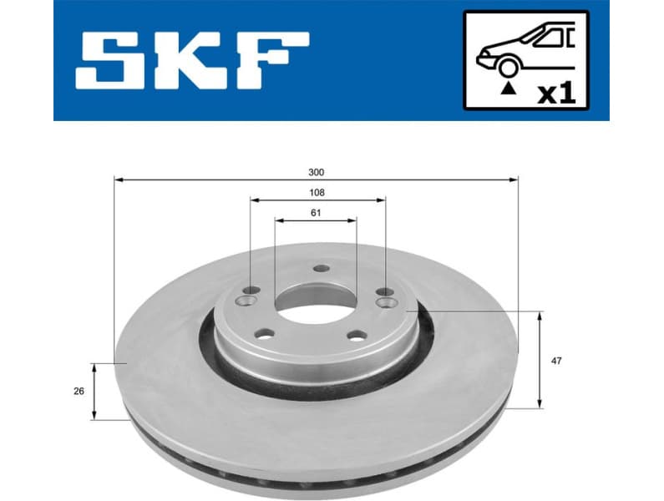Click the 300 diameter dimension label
(316, 172)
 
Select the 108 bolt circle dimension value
(316, 193)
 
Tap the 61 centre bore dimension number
(316, 214)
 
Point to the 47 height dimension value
(557, 361)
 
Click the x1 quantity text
(556, 93)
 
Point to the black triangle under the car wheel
(506, 87)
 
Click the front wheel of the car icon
(506, 67)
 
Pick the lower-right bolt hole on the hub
(356, 336)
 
